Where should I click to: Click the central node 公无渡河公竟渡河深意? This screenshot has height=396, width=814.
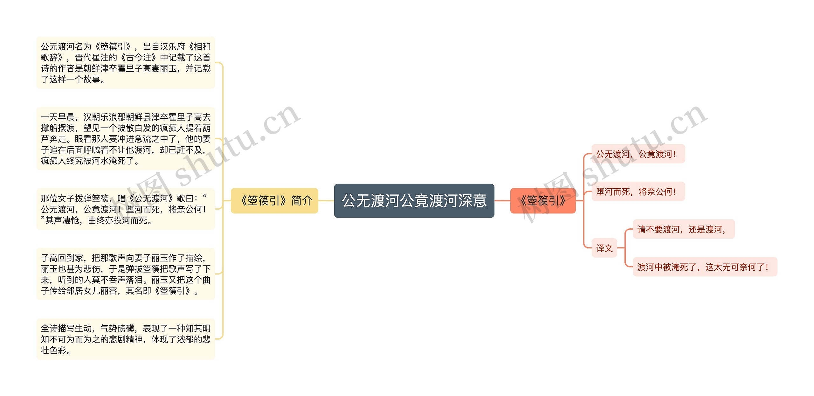414,201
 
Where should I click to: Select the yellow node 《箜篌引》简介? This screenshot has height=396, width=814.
274,201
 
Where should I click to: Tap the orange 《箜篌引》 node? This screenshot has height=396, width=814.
543,201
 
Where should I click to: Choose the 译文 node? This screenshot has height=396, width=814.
604,248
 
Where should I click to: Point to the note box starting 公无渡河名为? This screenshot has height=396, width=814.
126,63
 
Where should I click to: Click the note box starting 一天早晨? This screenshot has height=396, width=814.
126,139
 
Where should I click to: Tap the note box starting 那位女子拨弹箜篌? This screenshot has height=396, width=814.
126,209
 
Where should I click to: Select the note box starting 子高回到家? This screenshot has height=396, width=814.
126,274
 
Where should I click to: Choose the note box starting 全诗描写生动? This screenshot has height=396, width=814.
126,339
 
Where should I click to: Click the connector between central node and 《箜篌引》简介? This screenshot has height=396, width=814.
326,201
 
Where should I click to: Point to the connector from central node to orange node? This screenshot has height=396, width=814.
502,201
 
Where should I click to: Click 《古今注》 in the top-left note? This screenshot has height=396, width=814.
139,58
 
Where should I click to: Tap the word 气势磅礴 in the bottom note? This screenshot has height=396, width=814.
117,328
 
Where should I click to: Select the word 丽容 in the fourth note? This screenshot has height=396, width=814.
109,291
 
